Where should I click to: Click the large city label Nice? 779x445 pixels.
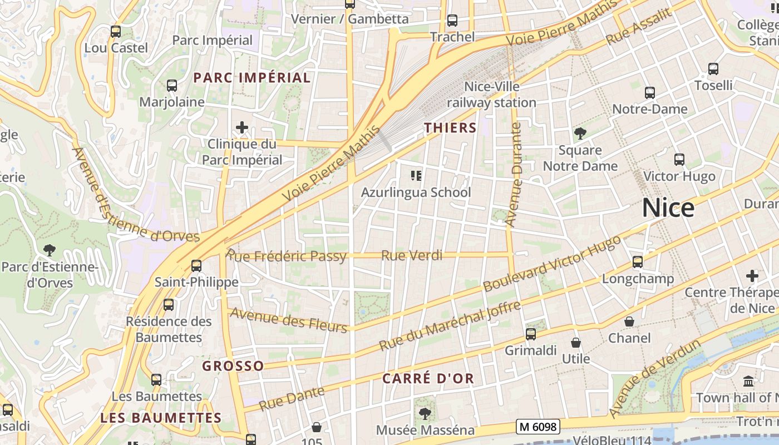click(668, 207)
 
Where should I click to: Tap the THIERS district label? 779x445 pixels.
click(450, 128)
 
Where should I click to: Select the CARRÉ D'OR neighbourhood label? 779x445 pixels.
click(428, 379)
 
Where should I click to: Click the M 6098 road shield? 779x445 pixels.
click(537, 427)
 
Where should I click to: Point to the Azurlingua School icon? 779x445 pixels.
click(416, 176)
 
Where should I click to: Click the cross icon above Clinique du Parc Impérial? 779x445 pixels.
click(241, 127)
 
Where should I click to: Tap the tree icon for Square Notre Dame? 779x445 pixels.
click(580, 133)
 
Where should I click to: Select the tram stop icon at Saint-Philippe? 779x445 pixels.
click(196, 265)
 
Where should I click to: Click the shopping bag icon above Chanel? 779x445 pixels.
click(629, 322)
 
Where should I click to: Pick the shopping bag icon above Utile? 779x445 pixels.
click(576, 342)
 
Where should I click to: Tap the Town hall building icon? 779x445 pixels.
click(748, 382)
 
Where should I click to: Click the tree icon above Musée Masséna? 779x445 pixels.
click(425, 413)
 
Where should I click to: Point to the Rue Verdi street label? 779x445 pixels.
click(411, 256)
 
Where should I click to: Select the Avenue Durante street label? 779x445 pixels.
click(513, 174)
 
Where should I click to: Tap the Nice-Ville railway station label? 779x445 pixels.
click(491, 95)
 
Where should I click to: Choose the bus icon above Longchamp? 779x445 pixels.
click(638, 261)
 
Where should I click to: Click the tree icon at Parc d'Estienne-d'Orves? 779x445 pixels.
click(50, 250)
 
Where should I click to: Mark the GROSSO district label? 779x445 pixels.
click(233, 366)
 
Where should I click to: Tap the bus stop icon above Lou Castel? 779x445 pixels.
click(116, 32)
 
